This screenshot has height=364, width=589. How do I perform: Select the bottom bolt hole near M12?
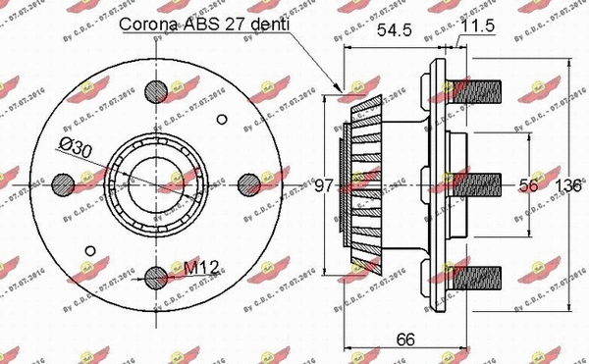[x=156, y=276]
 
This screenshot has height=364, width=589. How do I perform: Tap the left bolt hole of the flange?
[x=64, y=183]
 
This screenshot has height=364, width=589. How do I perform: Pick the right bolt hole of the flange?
[x=248, y=183]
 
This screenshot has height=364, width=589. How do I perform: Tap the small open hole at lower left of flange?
[x=90, y=249]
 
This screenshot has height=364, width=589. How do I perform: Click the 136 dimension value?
[x=571, y=184]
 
